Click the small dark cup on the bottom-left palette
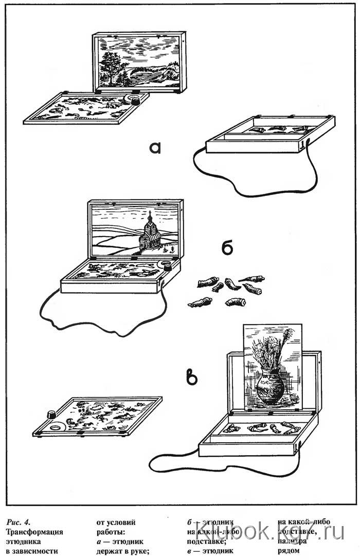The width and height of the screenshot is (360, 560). [51, 414]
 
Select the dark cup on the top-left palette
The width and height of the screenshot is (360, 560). [136, 101]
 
